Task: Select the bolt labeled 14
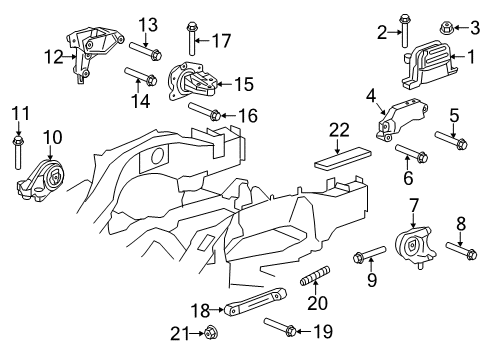[x=138, y=76]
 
